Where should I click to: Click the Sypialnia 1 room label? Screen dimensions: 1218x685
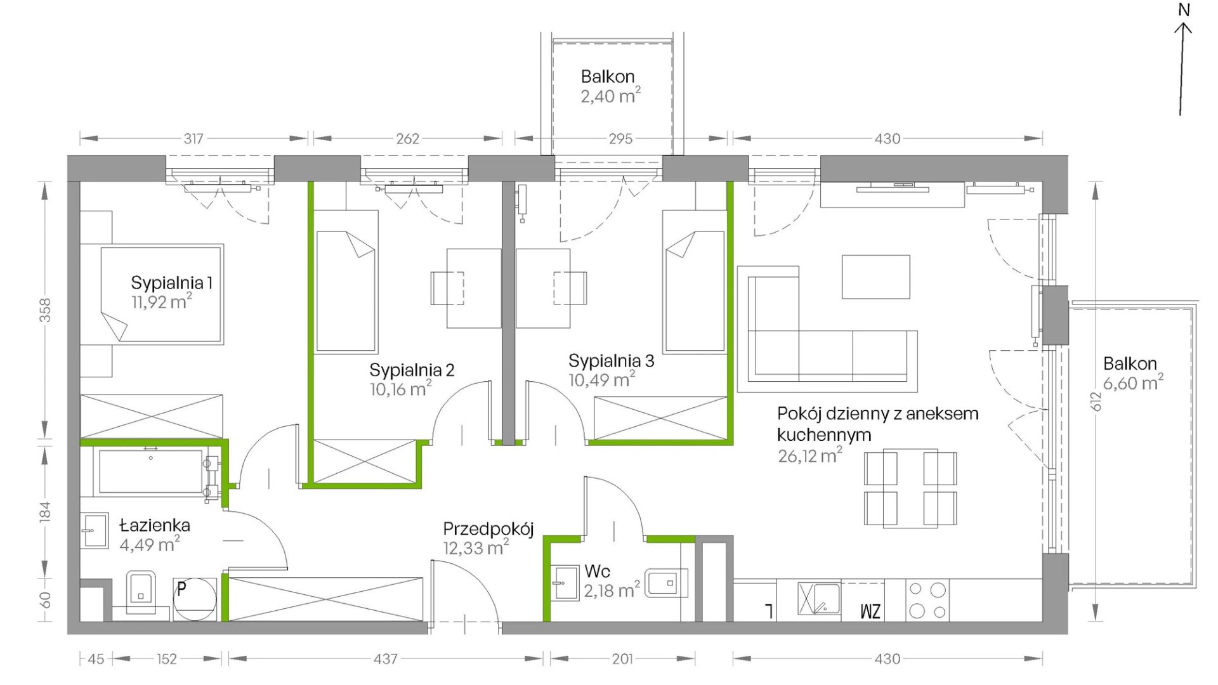tap(171, 282)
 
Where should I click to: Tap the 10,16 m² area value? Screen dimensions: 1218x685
tap(401, 388)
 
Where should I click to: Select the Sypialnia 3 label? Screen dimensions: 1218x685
tap(611, 361)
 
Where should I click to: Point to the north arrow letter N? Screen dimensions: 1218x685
tap(1184, 10)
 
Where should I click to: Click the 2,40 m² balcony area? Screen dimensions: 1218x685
tap(610, 95)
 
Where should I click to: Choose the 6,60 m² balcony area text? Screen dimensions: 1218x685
tap(1133, 382)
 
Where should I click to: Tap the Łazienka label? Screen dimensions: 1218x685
tap(155, 525)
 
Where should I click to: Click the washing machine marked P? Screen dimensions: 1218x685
tap(195, 598)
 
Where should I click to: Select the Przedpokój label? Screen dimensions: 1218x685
tap(488, 529)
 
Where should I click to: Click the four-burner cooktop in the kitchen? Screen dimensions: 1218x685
tap(927, 600)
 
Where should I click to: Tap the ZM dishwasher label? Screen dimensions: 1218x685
tap(870, 611)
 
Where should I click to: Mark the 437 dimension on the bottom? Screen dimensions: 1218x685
tap(385, 659)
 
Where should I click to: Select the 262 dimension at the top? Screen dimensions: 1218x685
tap(407, 138)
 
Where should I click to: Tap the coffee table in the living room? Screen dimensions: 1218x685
tap(875, 277)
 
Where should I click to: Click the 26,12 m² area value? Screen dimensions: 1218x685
tap(810, 455)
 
